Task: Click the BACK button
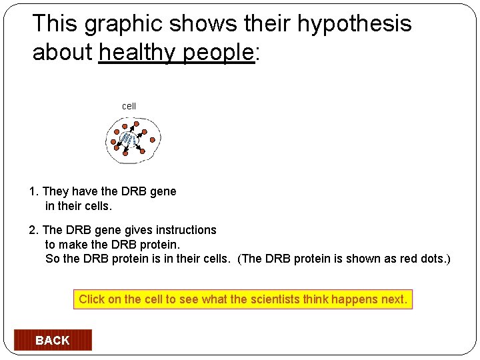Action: [52, 340]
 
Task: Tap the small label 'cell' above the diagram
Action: [129, 106]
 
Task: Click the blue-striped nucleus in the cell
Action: [129, 139]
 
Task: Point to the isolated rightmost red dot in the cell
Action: [153, 140]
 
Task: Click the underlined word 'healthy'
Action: [139, 53]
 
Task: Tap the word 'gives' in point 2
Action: [138, 230]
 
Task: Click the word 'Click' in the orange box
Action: [91, 299]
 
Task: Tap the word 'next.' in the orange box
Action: [393, 299]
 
